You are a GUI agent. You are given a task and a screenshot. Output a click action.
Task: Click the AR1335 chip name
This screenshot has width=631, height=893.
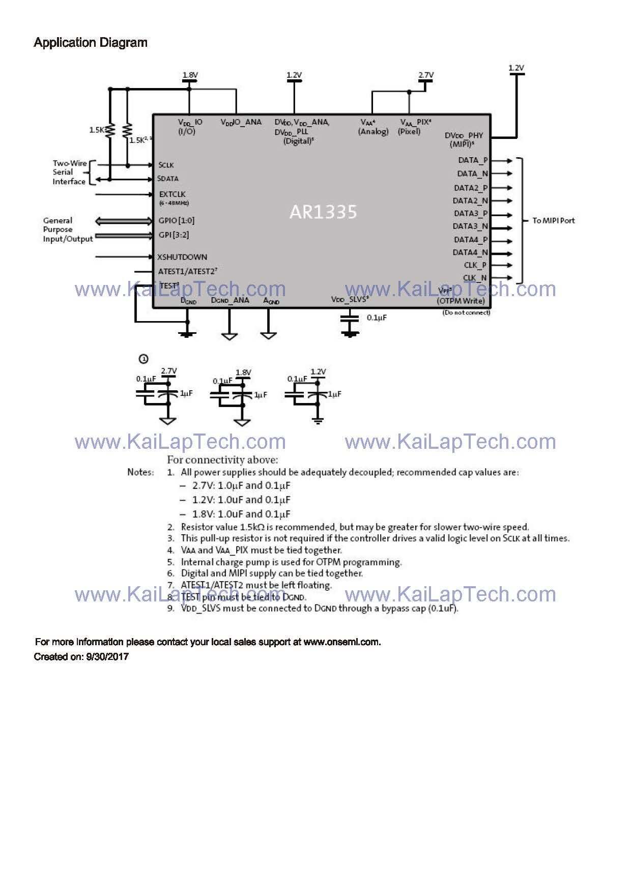click(x=323, y=212)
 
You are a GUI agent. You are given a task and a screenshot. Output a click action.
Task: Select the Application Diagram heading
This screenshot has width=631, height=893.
click(x=91, y=43)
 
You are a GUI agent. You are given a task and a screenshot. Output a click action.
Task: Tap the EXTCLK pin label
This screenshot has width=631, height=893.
click(x=172, y=194)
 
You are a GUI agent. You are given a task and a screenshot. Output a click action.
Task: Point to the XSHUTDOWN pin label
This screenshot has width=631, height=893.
click(x=182, y=257)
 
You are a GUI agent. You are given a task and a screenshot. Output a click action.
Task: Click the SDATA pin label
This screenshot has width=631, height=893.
click(x=168, y=179)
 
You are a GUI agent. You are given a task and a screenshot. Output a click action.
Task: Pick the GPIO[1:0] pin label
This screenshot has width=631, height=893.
click(x=177, y=220)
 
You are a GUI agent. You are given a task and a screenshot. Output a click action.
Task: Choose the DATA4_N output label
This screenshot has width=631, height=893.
click(x=470, y=252)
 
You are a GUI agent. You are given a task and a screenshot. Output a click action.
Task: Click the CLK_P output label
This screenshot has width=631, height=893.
click(x=475, y=265)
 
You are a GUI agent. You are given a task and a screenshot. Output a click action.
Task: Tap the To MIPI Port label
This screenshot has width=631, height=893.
click(x=553, y=220)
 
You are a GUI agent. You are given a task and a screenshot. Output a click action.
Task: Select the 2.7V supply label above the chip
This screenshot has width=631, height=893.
click(x=426, y=75)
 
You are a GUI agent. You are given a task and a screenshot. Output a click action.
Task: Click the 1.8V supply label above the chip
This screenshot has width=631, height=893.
click(x=190, y=75)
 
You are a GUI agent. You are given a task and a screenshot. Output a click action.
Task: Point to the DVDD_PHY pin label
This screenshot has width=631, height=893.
click(x=464, y=135)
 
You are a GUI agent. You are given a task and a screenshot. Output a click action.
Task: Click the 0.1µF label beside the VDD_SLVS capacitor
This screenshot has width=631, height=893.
click(x=377, y=318)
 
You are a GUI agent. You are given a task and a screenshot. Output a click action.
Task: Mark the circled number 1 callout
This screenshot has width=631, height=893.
click(x=144, y=359)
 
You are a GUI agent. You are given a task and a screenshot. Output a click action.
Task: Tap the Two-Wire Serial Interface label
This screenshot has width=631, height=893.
click(x=69, y=172)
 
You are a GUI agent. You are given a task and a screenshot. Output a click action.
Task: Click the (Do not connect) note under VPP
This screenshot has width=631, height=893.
click(x=466, y=312)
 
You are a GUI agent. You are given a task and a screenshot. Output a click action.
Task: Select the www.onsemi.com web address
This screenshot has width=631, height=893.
click(x=341, y=642)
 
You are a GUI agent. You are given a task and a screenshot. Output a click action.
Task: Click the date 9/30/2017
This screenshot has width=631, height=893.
click(x=107, y=656)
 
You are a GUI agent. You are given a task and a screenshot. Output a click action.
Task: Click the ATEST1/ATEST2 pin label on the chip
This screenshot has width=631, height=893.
click(x=187, y=272)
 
